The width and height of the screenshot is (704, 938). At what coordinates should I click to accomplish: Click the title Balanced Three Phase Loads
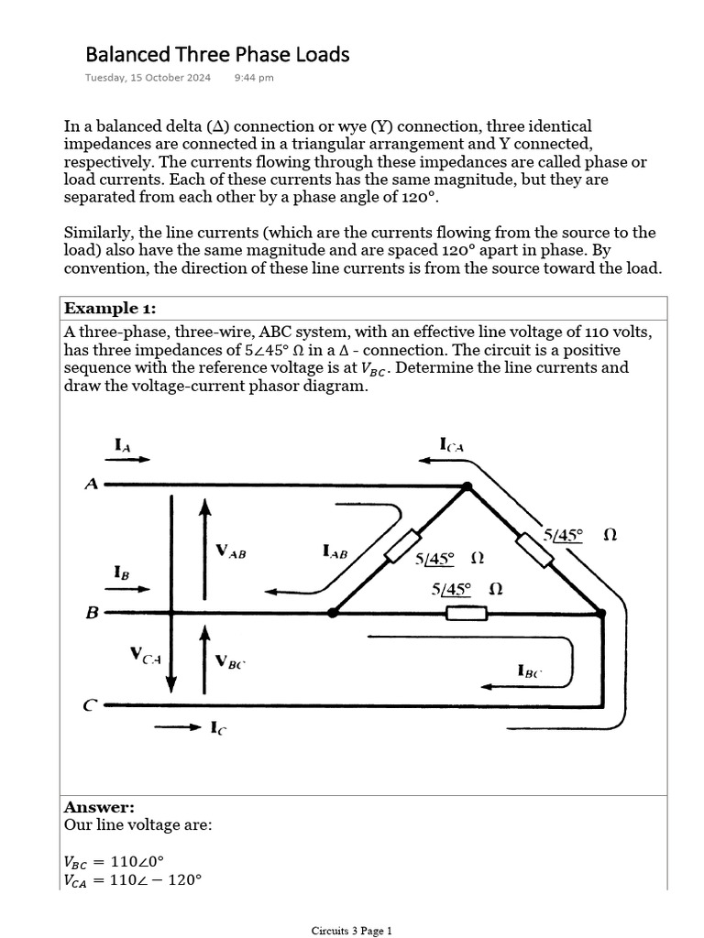[217, 55]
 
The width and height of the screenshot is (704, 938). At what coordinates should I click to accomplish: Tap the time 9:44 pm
[254, 78]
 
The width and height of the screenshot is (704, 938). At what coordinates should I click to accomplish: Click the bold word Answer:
[99, 807]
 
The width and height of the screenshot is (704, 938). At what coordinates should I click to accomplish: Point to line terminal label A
[91, 485]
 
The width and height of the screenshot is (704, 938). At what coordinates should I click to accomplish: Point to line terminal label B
[92, 613]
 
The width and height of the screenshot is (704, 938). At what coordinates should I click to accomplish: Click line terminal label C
[90, 705]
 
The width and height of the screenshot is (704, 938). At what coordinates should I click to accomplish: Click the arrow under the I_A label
[132, 460]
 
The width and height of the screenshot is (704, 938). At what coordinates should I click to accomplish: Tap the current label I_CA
[453, 445]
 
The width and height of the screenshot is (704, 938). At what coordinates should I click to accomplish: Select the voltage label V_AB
[231, 551]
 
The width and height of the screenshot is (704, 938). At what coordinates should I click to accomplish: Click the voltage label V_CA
[146, 656]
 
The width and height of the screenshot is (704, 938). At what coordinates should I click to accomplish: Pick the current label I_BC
[530, 672]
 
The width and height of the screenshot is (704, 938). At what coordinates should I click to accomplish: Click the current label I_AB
[335, 551]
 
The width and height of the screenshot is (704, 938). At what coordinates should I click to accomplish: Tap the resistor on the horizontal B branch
[467, 613]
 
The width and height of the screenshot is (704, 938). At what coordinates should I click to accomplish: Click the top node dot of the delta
[467, 487]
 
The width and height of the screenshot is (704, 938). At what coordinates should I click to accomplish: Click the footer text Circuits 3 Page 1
[351, 931]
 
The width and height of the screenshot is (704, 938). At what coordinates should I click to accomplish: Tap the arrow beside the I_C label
[177, 728]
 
